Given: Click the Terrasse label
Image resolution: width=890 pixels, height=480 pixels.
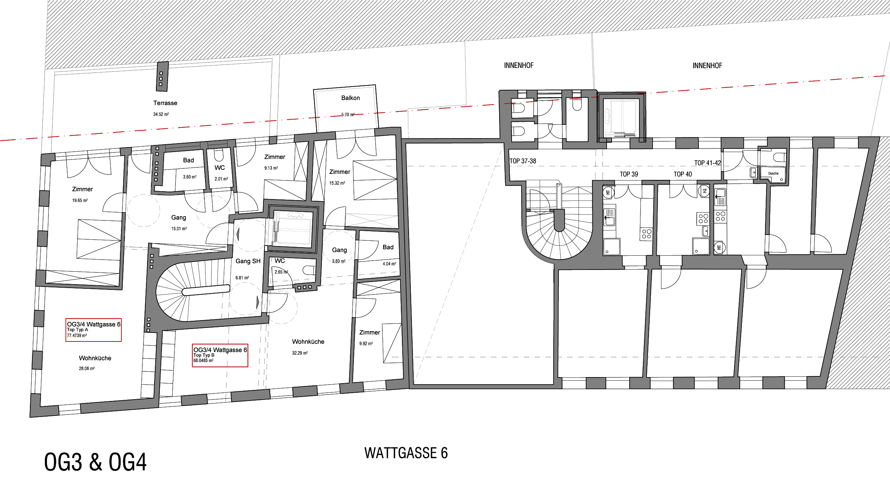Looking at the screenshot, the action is coord(165,103).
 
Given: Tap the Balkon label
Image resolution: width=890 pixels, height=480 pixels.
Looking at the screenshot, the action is coord(350,98).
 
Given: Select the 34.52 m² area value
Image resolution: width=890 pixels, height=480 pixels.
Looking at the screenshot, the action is coord(161,114).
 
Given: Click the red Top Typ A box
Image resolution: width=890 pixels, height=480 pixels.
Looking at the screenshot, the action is coord(94,330).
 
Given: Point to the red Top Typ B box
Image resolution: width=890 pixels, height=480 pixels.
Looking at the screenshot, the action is coord(220,355).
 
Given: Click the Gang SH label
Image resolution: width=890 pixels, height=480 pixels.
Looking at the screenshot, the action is coord(248,261).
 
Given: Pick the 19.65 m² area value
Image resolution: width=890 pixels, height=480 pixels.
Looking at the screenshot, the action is coord(80,200).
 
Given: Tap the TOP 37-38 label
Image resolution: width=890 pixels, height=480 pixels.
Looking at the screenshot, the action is coord(523,161).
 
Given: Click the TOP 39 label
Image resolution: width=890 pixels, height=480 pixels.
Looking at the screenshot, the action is coord(629,174).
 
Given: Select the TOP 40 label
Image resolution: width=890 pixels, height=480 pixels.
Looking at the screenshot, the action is coord(682,174).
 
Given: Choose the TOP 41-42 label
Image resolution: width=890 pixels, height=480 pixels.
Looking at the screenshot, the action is coord(707,163).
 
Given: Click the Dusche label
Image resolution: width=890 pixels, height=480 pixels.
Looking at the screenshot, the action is coord(773,173).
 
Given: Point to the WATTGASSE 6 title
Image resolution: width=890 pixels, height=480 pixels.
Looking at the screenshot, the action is coord(406,453).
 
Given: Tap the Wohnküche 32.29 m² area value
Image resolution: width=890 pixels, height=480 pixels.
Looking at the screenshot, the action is coord(300,353).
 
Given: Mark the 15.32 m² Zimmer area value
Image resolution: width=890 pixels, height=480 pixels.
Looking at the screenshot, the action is coord(337,183).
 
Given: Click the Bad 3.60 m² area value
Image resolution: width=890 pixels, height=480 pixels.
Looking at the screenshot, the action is coord(190,177).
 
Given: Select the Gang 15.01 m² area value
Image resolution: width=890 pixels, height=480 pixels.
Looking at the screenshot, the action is coord(179,229).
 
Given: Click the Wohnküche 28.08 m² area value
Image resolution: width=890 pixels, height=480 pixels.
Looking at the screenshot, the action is coord(87,369).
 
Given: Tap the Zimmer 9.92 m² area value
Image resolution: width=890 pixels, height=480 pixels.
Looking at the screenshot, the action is coord(366,344).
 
